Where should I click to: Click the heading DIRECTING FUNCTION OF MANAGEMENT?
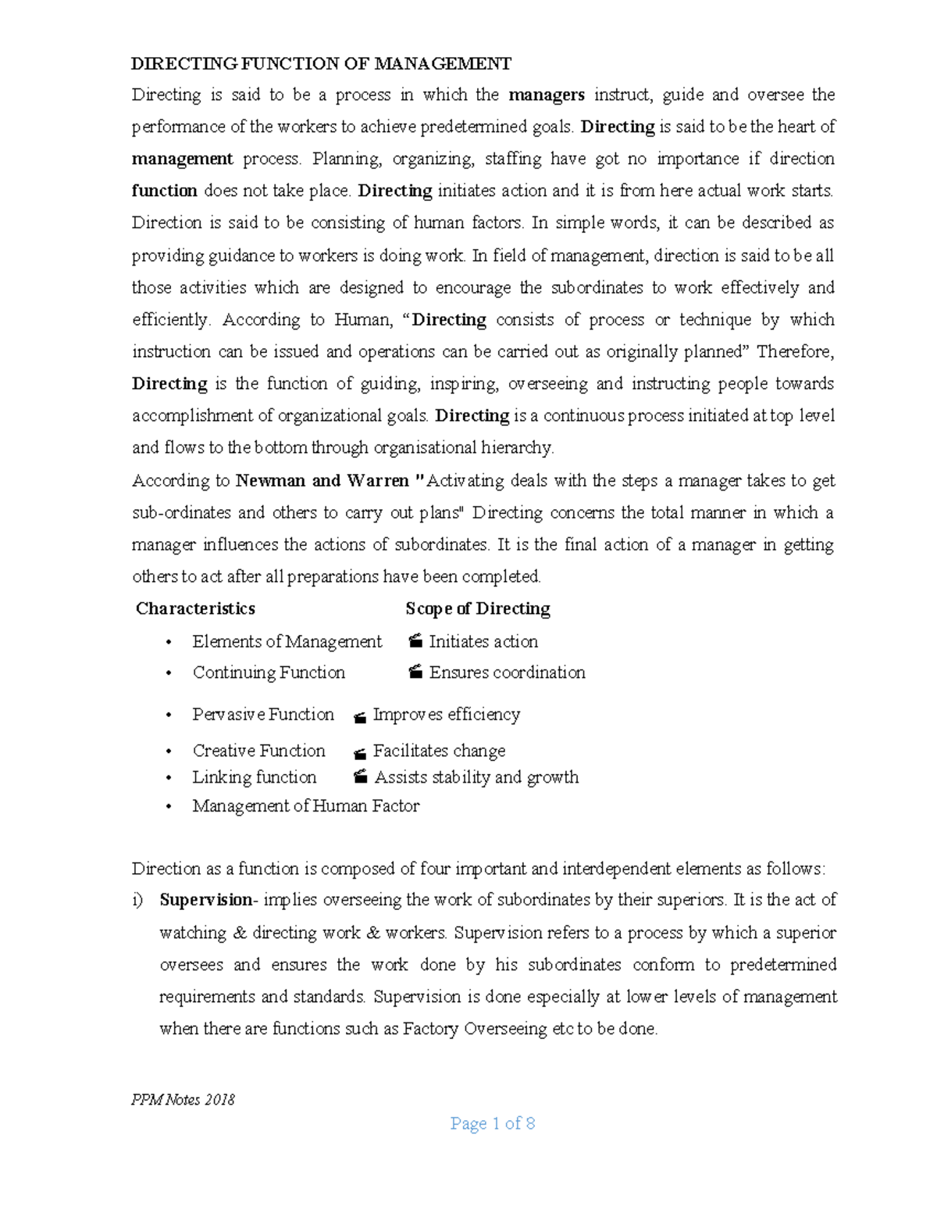(321, 63)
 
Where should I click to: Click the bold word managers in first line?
(547, 95)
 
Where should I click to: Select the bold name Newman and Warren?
(322, 480)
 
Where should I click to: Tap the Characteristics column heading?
(195, 608)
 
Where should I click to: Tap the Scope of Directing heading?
(478, 608)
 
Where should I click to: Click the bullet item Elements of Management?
(287, 641)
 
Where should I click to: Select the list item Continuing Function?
(269, 673)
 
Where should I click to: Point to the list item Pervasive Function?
(262, 715)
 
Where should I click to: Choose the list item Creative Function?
(258, 751)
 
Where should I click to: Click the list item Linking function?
(254, 777)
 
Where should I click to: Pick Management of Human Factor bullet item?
(305, 806)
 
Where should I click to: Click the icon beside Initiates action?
(415, 642)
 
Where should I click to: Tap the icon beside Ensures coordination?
(415, 673)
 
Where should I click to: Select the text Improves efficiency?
(446, 715)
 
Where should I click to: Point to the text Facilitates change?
(439, 751)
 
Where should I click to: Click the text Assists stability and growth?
(476, 777)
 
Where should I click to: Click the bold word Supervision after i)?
(205, 900)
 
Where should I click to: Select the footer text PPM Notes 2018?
(183, 1100)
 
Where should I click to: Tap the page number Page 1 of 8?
(492, 1124)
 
